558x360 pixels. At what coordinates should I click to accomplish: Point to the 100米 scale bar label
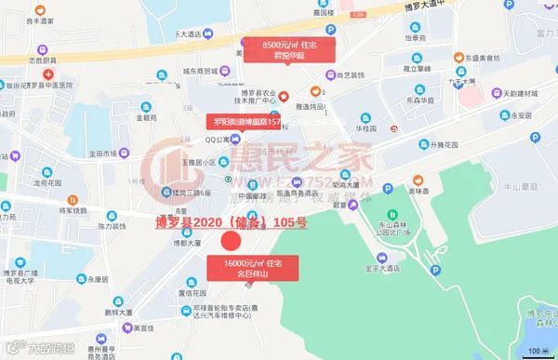point(538,350)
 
